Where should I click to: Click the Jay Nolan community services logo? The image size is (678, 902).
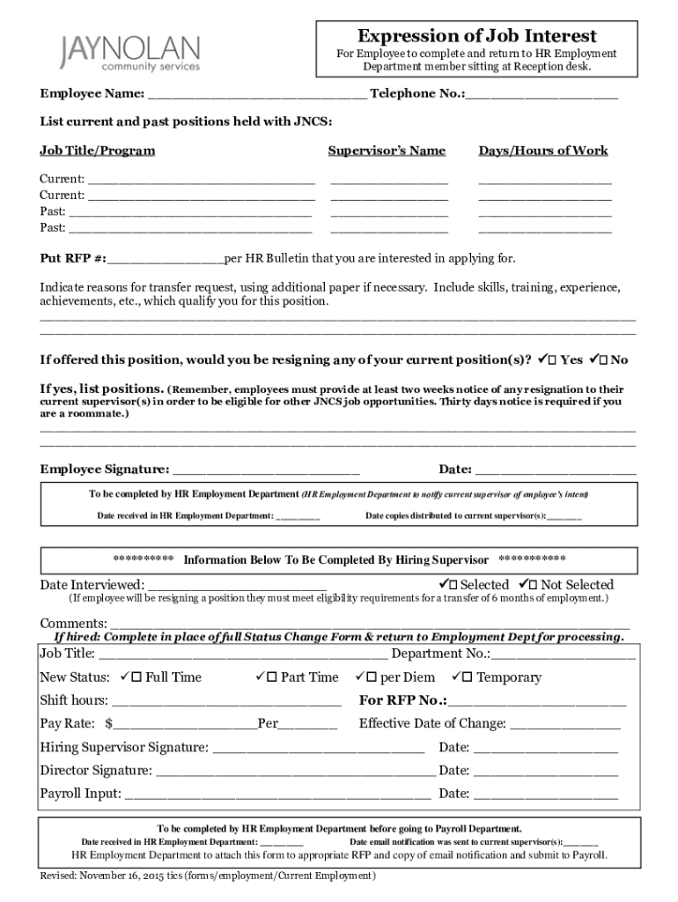pyautogui.click(x=130, y=53)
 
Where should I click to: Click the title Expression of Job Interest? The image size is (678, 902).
pyautogui.click(x=476, y=36)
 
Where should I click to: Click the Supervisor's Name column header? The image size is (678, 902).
pyautogui.click(x=387, y=151)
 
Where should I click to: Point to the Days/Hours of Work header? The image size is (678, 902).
pyautogui.click(x=543, y=151)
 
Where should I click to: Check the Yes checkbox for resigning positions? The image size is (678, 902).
pyautogui.click(x=551, y=360)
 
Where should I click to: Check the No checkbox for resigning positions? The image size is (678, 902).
pyautogui.click(x=601, y=360)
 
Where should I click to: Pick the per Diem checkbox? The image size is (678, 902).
pyautogui.click(x=371, y=677)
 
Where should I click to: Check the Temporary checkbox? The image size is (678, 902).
pyautogui.click(x=468, y=677)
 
